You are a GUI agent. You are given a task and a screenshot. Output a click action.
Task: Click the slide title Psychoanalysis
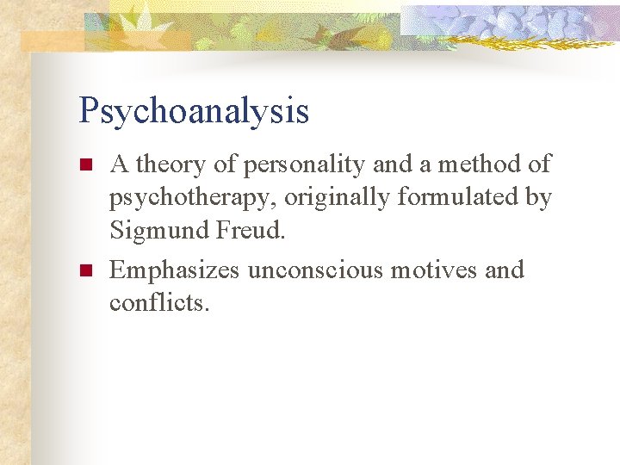coord(193,111)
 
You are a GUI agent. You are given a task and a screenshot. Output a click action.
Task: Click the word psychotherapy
coord(190,197)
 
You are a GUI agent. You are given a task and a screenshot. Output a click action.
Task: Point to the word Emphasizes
coord(175,270)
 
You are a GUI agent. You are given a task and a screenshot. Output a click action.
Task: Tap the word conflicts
coord(158,303)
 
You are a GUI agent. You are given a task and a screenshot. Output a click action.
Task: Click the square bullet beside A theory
coord(84,164)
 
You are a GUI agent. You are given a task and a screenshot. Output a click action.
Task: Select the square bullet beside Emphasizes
coord(84,271)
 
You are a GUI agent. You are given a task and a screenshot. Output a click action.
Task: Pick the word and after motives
coord(504,270)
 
